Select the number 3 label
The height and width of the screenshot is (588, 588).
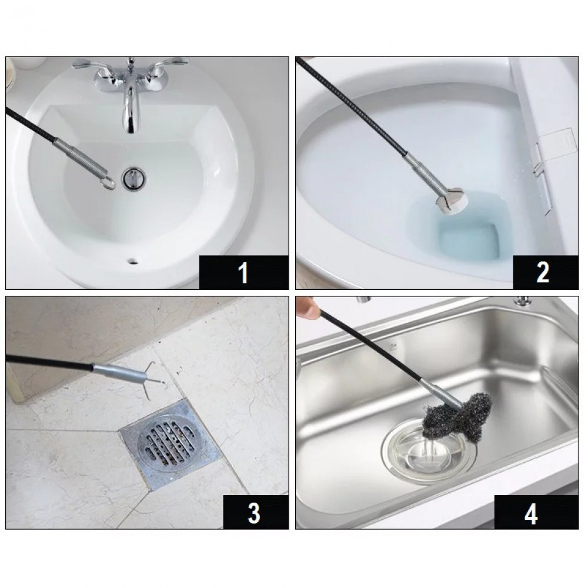[x=253, y=513]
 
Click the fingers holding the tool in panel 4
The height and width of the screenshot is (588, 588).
[x=305, y=306]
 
